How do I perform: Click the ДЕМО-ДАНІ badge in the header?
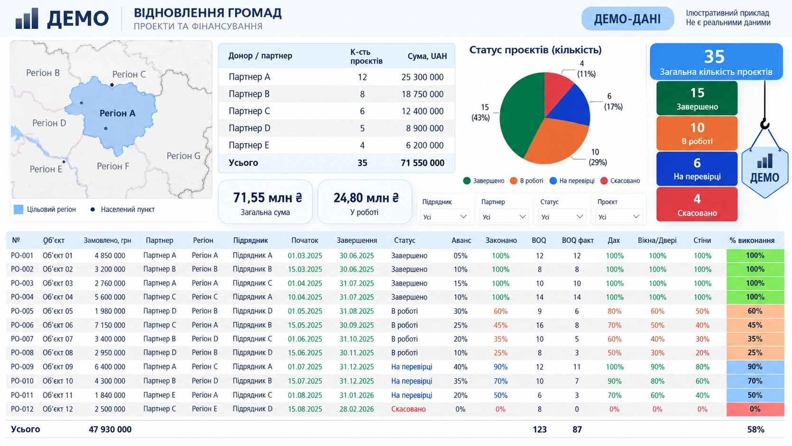click(627, 18)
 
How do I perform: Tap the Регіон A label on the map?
click(118, 113)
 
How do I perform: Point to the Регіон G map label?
click(184, 156)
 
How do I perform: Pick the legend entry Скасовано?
click(620, 181)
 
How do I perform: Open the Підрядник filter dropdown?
click(445, 217)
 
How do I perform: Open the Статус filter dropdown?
click(562, 217)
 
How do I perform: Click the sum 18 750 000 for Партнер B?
click(422, 94)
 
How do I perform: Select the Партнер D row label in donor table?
click(249, 128)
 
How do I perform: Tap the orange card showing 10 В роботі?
click(697, 134)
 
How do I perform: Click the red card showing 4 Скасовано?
click(697, 204)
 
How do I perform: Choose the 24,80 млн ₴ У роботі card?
click(365, 202)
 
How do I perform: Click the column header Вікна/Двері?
click(657, 240)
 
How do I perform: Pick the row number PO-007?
click(22, 339)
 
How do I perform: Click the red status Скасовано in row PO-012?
click(408, 409)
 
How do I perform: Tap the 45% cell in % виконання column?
click(755, 325)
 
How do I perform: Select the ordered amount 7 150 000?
click(110, 325)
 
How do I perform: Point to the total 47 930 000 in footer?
click(110, 429)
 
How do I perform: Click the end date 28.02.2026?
click(357, 409)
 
